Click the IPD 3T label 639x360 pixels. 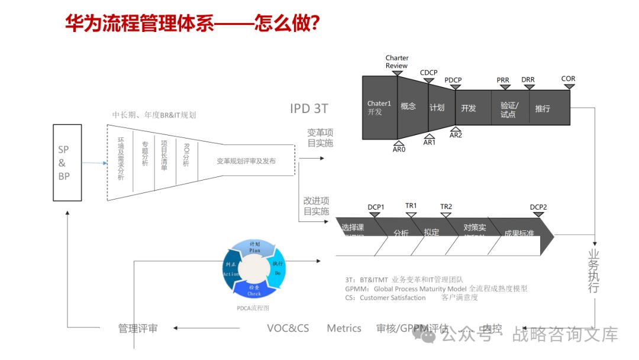[x=309, y=108]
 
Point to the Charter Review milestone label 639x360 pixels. [x=396, y=62]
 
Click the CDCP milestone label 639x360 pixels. [x=428, y=73]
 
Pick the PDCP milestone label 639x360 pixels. [x=453, y=81]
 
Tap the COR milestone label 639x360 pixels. [x=568, y=79]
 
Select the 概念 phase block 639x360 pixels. [x=408, y=107]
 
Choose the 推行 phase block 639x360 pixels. [x=543, y=108]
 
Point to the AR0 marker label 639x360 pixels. [x=399, y=150]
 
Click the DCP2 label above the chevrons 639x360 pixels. [x=538, y=207]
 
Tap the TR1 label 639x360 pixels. [x=411, y=206]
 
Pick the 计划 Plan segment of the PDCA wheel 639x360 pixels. [x=254, y=247]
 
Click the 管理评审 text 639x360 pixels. [x=138, y=328]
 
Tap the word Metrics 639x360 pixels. [x=344, y=328]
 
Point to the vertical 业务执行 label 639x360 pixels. [x=593, y=270]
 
